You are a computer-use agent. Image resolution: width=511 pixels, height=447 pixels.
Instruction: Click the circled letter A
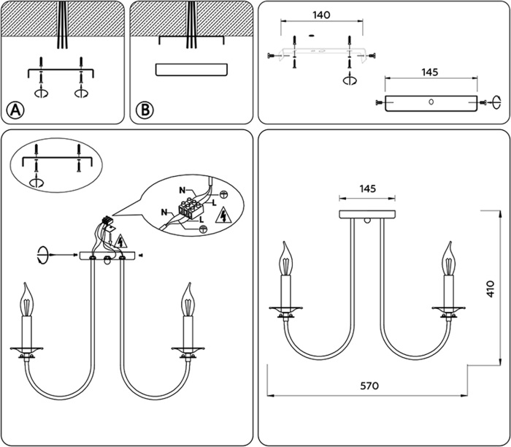15,110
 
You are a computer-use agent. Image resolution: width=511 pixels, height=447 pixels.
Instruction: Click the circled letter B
145,110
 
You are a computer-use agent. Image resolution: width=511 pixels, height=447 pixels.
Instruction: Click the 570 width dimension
369,386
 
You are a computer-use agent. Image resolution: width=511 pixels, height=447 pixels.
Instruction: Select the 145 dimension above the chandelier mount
369,188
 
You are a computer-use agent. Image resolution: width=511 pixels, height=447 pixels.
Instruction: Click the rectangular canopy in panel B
191,70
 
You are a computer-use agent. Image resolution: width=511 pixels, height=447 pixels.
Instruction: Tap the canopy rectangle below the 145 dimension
431,103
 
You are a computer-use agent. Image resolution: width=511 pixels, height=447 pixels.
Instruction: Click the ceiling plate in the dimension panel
369,215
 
